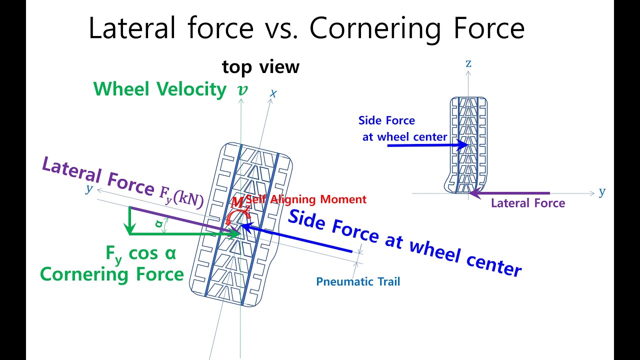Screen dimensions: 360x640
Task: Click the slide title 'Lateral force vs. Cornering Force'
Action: (x=306, y=28)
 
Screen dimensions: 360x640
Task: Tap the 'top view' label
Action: (x=260, y=66)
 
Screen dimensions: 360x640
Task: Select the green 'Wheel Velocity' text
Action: (x=160, y=89)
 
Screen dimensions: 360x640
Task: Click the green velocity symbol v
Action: (x=242, y=90)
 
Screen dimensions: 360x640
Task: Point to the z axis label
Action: (x=468, y=63)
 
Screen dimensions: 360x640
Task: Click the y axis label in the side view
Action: (x=602, y=192)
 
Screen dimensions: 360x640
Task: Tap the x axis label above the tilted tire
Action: (x=273, y=93)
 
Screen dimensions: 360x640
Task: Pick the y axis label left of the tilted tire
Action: (x=89, y=188)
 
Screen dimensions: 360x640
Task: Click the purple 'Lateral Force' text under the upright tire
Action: (x=528, y=203)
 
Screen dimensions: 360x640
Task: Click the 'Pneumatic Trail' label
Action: (x=358, y=281)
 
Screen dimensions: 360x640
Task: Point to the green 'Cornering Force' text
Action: (x=112, y=274)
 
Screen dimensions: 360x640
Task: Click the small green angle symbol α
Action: (x=159, y=224)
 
